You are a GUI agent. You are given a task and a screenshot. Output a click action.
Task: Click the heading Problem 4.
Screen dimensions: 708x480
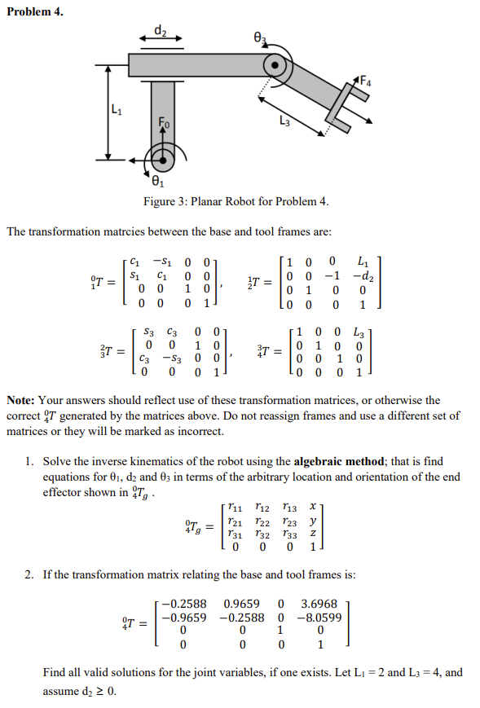34,11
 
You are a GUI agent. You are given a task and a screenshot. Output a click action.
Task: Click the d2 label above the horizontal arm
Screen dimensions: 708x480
160,31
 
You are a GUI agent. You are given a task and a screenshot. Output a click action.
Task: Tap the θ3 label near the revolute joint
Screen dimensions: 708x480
260,37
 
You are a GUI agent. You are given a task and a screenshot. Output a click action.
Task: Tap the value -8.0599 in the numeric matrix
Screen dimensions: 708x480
318,618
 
